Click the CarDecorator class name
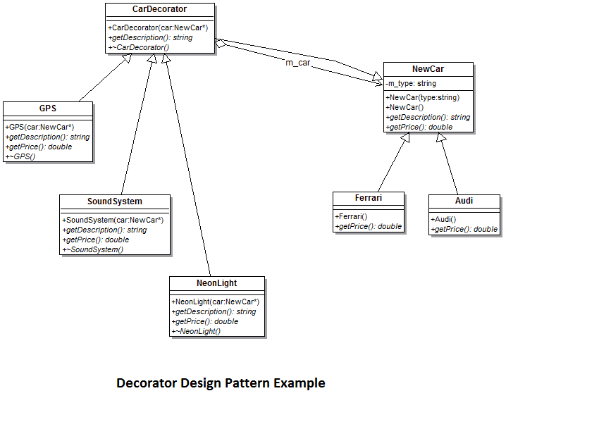pos(159,9)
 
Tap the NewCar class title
pos(428,68)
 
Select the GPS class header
pos(48,108)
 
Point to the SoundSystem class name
pos(114,201)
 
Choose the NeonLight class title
pos(217,283)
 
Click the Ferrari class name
pos(369,198)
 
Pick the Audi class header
pos(464,201)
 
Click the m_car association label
pos(298,63)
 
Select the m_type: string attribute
pos(411,83)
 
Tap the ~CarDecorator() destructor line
pos(139,47)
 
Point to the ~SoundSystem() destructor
pos(93,249)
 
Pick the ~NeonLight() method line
pos(197,331)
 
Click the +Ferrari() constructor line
pos(352,216)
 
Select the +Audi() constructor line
pos(444,219)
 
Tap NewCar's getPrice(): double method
pos(419,127)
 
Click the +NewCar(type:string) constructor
pos(422,97)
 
